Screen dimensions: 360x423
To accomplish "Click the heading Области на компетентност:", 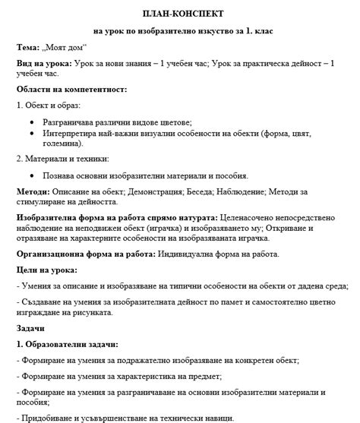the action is pyautogui.click(x=71, y=89).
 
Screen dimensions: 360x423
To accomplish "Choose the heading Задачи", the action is pyautogui.click(x=31, y=328).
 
